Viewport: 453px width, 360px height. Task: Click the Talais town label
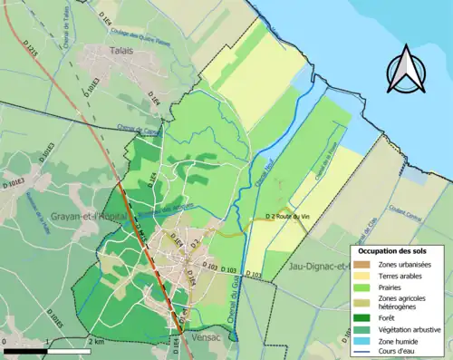[x=120, y=51]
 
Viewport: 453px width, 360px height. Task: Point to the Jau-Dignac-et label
[x=318, y=267]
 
